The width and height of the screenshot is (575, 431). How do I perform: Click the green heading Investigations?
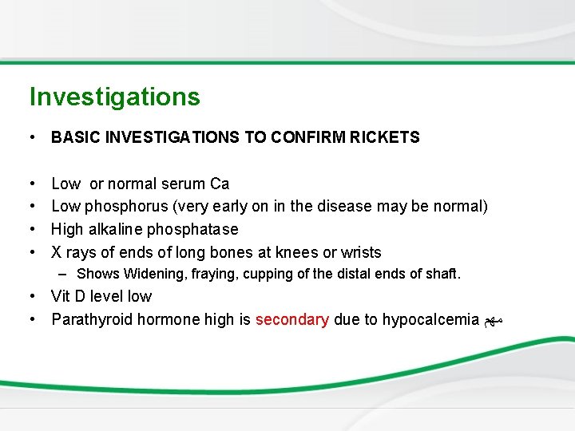pyautogui.click(x=114, y=97)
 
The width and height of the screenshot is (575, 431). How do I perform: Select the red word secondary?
pyautogui.click(x=291, y=320)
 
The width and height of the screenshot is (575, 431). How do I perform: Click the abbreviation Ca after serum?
pyautogui.click(x=220, y=184)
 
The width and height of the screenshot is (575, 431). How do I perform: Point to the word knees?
pyautogui.click(x=295, y=253)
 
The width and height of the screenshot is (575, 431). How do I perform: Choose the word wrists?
pyautogui.click(x=361, y=253)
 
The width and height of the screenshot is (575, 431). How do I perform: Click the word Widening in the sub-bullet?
pyautogui.click(x=152, y=275)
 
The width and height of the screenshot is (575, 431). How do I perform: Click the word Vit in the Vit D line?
pyautogui.click(x=61, y=297)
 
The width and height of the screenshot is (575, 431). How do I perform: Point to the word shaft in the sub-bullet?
pyautogui.click(x=444, y=275)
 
